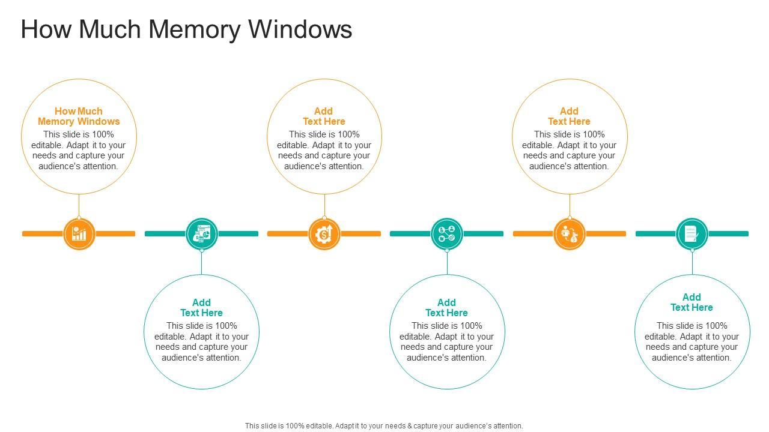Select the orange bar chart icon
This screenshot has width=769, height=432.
pyautogui.click(x=79, y=233)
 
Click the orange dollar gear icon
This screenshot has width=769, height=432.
pyautogui.click(x=324, y=233)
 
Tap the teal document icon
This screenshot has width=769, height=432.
pyautogui.click(x=691, y=233)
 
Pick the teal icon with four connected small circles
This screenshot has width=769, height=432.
pyautogui.click(x=447, y=233)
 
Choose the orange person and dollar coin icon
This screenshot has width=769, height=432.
pyautogui.click(x=569, y=233)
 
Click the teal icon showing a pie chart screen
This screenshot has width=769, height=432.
pyautogui.click(x=202, y=233)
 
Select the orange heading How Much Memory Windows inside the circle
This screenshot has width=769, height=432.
pyautogui.click(x=79, y=116)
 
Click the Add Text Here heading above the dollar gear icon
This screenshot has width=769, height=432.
pyautogui.click(x=324, y=116)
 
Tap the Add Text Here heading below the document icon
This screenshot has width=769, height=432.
pyautogui.click(x=691, y=302)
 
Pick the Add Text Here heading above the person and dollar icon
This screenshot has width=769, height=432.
pyautogui.click(x=569, y=116)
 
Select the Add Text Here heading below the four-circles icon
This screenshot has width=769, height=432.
pyautogui.click(x=446, y=308)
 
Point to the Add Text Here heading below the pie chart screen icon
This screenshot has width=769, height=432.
pyautogui.click(x=201, y=308)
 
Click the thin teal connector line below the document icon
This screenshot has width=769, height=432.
pyautogui.click(x=692, y=263)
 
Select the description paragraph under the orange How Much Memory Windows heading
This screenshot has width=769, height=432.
pyautogui.click(x=79, y=151)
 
